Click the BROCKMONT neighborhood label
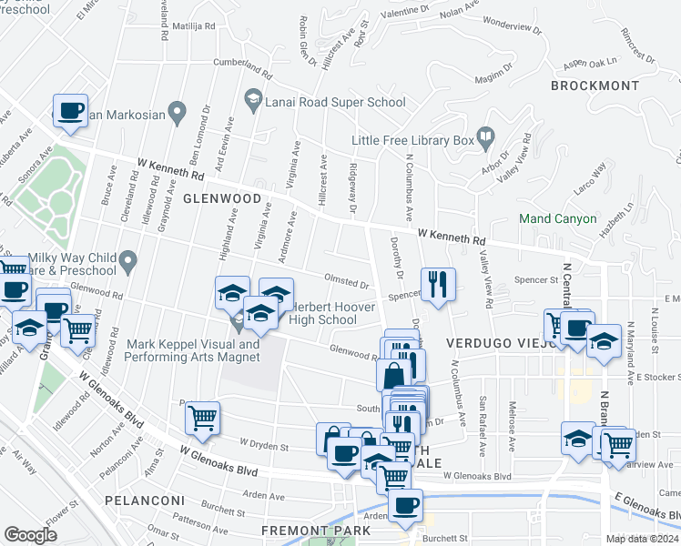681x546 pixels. coord(595,86)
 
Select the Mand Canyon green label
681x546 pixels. coord(557,218)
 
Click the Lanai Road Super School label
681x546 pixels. coord(335,103)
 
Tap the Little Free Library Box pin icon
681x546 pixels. coord(487,140)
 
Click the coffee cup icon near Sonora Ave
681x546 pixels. coord(70,112)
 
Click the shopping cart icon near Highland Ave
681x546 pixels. coord(202,418)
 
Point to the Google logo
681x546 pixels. coord(30,534)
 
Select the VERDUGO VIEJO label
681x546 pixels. coord(488,344)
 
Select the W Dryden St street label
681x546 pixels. coord(264,447)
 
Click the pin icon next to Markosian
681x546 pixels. coord(178,114)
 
